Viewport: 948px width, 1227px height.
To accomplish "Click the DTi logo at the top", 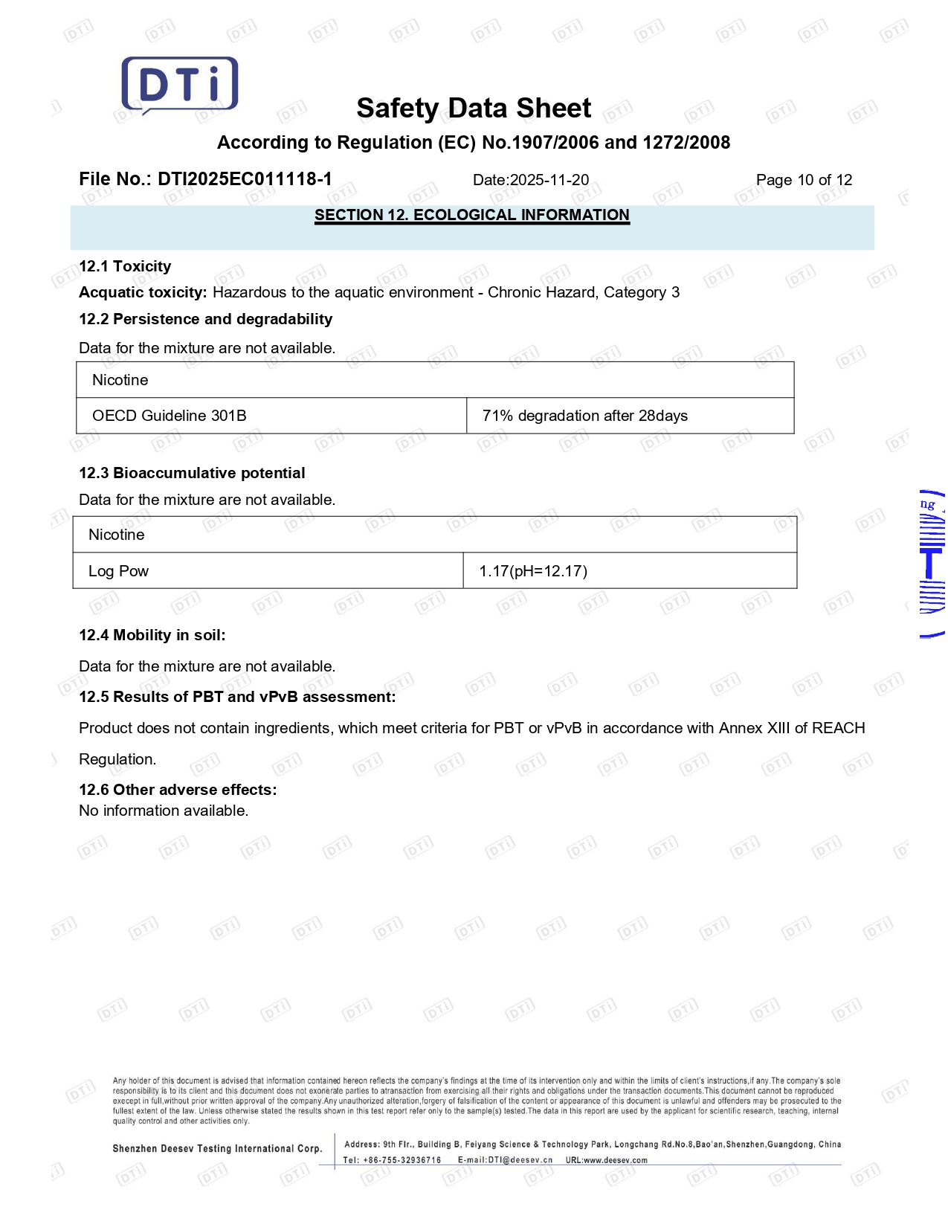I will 179,85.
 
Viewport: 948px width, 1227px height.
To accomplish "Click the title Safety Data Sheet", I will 474,109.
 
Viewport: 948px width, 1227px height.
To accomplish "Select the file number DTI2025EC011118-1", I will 245,179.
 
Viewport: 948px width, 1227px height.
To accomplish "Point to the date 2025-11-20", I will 549,180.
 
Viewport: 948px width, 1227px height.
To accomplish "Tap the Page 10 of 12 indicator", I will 804,180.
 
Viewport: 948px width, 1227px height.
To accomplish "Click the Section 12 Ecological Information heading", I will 471,215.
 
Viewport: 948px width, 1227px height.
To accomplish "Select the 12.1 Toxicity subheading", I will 125,266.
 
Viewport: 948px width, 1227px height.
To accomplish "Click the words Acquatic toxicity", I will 143,292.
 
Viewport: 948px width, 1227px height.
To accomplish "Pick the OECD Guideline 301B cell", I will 170,416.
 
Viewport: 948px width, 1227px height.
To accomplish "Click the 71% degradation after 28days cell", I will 584,416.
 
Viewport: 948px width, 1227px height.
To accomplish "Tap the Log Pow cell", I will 118,571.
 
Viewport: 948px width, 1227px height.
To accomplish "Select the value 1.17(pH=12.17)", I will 533,571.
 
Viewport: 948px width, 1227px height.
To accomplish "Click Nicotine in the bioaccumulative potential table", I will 117,535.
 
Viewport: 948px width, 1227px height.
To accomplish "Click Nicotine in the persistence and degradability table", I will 120,380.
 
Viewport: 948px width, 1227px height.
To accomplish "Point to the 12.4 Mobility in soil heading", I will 152,635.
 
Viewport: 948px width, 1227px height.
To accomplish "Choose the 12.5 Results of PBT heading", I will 237,697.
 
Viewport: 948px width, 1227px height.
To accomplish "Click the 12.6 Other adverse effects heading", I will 178,790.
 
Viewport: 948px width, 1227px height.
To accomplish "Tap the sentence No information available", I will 164,811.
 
